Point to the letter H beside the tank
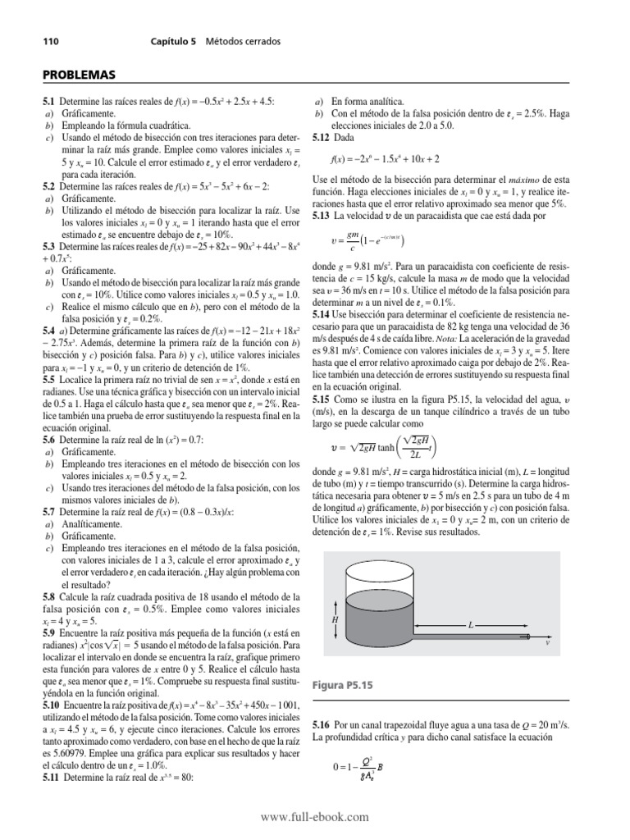pos(335,621)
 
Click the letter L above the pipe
pos(471,625)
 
